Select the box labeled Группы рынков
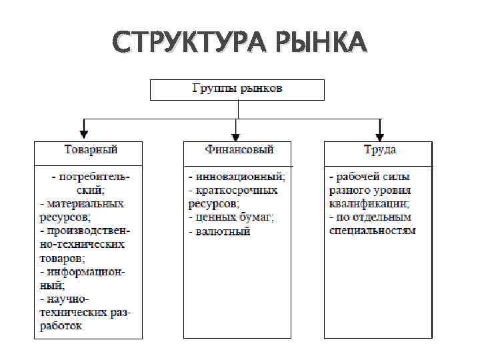pyautogui.click(x=237, y=89)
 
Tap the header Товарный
pyautogui.click(x=89, y=150)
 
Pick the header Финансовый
pyautogui.click(x=239, y=150)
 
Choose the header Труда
pyautogui.click(x=379, y=150)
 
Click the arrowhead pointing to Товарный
pyautogui.click(x=83, y=130)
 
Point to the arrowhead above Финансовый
pyautogui.click(x=235, y=130)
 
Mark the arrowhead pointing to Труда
pyautogui.click(x=380, y=130)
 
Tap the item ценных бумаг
pyautogui.click(x=235, y=217)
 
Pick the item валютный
pyautogui.click(x=223, y=231)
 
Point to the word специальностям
pyautogui.click(x=372, y=231)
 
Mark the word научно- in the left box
pyautogui.click(x=68, y=299)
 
